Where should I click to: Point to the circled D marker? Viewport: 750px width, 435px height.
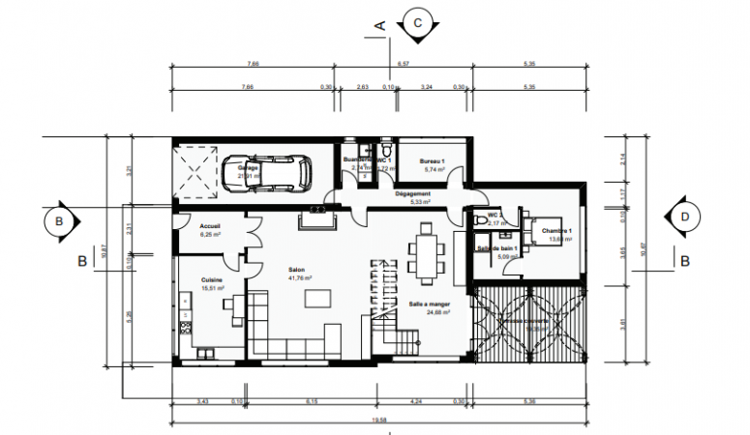click(x=685, y=217)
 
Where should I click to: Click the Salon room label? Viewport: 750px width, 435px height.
click(x=298, y=271)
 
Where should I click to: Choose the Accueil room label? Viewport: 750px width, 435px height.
click(x=210, y=226)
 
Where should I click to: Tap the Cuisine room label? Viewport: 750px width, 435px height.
click(x=212, y=280)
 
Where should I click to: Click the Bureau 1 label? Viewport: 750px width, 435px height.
click(x=432, y=160)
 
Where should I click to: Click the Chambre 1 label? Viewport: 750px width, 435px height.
click(x=556, y=231)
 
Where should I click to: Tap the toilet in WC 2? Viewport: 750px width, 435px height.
click(x=481, y=221)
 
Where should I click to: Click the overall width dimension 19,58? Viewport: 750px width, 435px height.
click(x=378, y=420)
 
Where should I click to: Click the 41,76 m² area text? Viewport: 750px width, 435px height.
click(x=298, y=277)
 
